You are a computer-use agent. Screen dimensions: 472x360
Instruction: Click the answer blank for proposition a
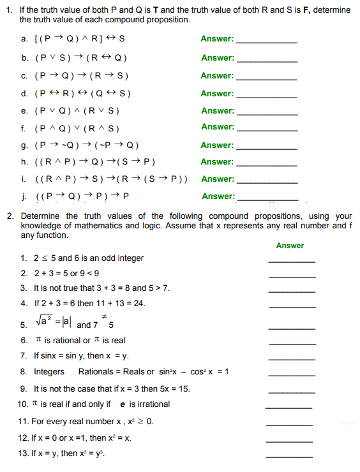pyautogui.click(x=266, y=41)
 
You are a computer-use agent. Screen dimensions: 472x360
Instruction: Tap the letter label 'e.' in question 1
pyautogui.click(x=24, y=110)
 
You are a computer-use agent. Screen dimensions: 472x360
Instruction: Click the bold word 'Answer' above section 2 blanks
pyautogui.click(x=290, y=246)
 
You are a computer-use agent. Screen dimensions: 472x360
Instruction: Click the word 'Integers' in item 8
pyautogui.click(x=49, y=371)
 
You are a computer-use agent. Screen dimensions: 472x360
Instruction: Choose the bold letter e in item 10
pyautogui.click(x=123, y=404)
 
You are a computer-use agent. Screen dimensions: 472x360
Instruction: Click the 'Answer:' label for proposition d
pyautogui.click(x=218, y=94)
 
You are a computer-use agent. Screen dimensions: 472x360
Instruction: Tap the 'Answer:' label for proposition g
pyautogui.click(x=218, y=145)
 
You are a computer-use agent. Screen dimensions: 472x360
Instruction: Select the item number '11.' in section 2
pyautogui.click(x=24, y=421)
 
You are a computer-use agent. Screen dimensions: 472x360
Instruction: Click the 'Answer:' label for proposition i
pyautogui.click(x=218, y=179)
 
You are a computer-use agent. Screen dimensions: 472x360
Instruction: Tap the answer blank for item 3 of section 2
pyautogui.click(x=292, y=291)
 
